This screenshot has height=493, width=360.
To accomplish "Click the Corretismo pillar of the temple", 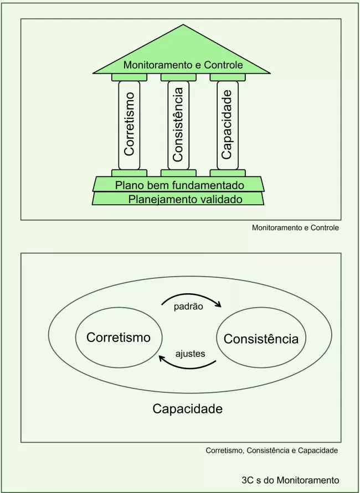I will [129, 124].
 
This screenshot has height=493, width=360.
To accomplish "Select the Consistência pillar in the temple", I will [178, 124].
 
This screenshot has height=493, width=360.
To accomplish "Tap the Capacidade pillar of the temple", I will [227, 124].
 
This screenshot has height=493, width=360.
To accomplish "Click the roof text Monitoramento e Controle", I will [183, 65].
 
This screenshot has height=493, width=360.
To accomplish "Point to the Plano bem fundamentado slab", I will [179, 185].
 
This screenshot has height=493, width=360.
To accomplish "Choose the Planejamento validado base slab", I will [178, 199].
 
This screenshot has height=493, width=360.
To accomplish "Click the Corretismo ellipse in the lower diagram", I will [119, 337].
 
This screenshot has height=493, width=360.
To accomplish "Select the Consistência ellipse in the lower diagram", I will [261, 339].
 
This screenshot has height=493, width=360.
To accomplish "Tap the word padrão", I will [188, 305].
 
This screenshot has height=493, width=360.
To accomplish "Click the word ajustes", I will [190, 353].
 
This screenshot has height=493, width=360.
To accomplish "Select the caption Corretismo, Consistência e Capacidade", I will [271, 450].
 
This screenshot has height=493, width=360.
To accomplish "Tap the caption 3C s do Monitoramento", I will [290, 480].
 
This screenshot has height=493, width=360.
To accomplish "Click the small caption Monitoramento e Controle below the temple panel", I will [295, 227].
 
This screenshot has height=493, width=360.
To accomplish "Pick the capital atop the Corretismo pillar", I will [129, 77].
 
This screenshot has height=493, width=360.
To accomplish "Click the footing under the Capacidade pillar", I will [227, 173].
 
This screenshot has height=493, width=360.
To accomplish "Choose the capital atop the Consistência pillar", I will [178, 77].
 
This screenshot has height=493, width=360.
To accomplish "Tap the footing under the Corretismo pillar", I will [129, 173].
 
